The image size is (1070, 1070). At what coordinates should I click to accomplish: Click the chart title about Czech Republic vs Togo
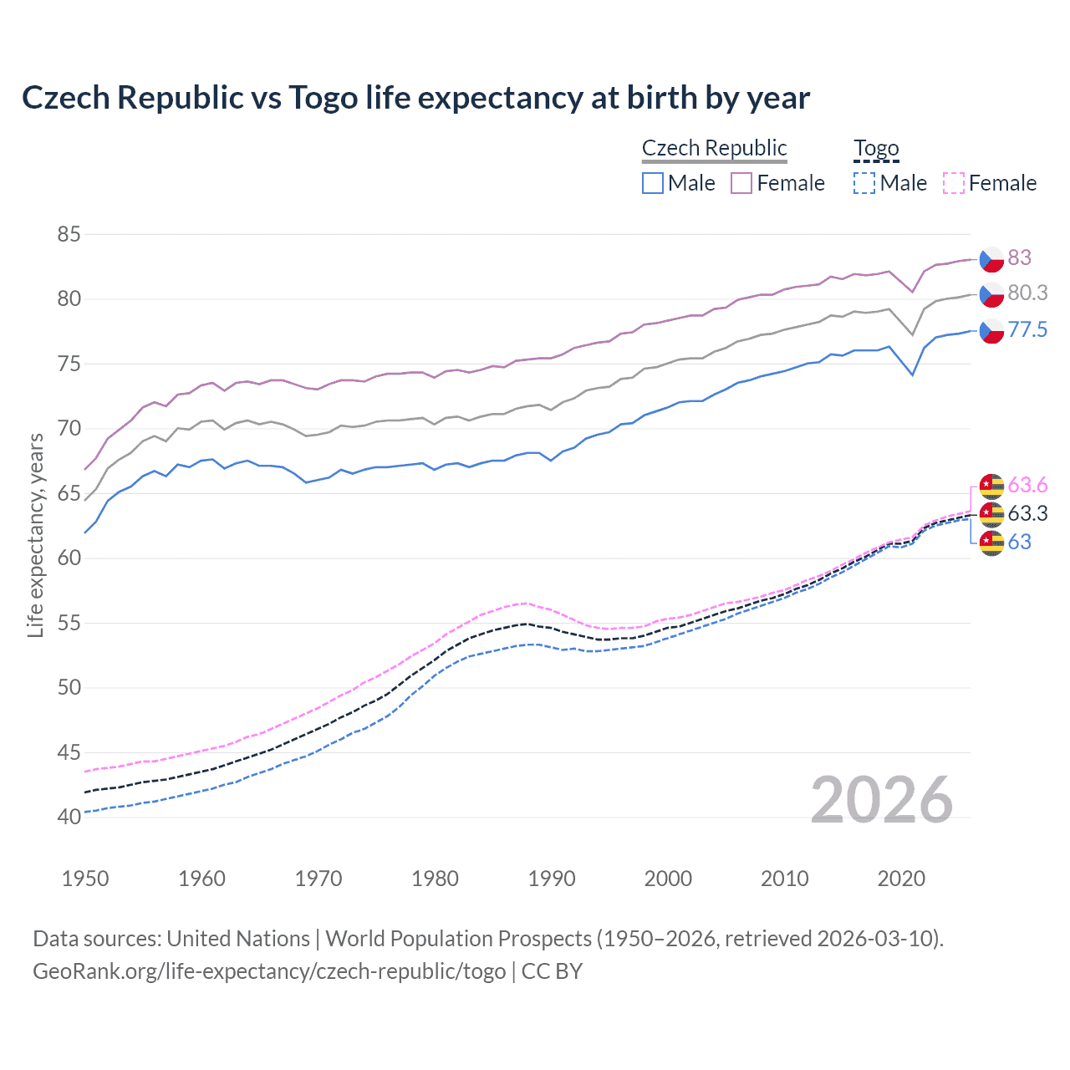pyautogui.click(x=415, y=98)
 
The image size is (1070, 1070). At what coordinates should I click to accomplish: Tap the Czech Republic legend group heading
pyautogui.click(x=714, y=148)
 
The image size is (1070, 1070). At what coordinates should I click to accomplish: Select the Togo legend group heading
pyautogui.click(x=875, y=148)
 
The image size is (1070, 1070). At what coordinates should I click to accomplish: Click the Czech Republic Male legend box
pyautogui.click(x=653, y=183)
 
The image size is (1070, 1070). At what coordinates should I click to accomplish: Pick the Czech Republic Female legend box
pyautogui.click(x=741, y=183)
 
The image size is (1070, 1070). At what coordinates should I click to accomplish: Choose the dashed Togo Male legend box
pyautogui.click(x=864, y=183)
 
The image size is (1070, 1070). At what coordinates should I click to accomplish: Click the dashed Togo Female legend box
pyautogui.click(x=953, y=183)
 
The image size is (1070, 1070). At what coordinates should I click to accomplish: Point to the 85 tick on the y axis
pyautogui.click(x=69, y=235)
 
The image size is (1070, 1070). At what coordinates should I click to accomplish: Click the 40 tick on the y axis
pyautogui.click(x=69, y=817)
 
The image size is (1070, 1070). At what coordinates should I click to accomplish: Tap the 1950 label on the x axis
pyautogui.click(x=85, y=879)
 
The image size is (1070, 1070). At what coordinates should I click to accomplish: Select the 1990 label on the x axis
pyautogui.click(x=552, y=879)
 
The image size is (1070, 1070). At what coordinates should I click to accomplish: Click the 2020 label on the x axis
pyautogui.click(x=901, y=879)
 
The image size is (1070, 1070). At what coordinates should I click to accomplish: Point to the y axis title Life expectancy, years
pyautogui.click(x=36, y=535)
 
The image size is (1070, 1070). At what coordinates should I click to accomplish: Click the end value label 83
pyautogui.click(x=1019, y=257)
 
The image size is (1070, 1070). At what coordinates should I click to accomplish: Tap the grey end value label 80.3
pyautogui.click(x=1027, y=293)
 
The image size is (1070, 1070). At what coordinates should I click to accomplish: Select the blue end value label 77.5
pyautogui.click(x=1027, y=329)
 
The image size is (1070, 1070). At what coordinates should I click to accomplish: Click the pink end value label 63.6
pyautogui.click(x=1027, y=485)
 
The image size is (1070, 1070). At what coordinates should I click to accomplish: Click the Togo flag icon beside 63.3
pyautogui.click(x=991, y=513)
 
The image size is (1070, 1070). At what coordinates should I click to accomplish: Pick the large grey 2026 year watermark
pyautogui.click(x=881, y=800)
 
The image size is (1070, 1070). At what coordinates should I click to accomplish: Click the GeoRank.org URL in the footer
pyautogui.click(x=269, y=971)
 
